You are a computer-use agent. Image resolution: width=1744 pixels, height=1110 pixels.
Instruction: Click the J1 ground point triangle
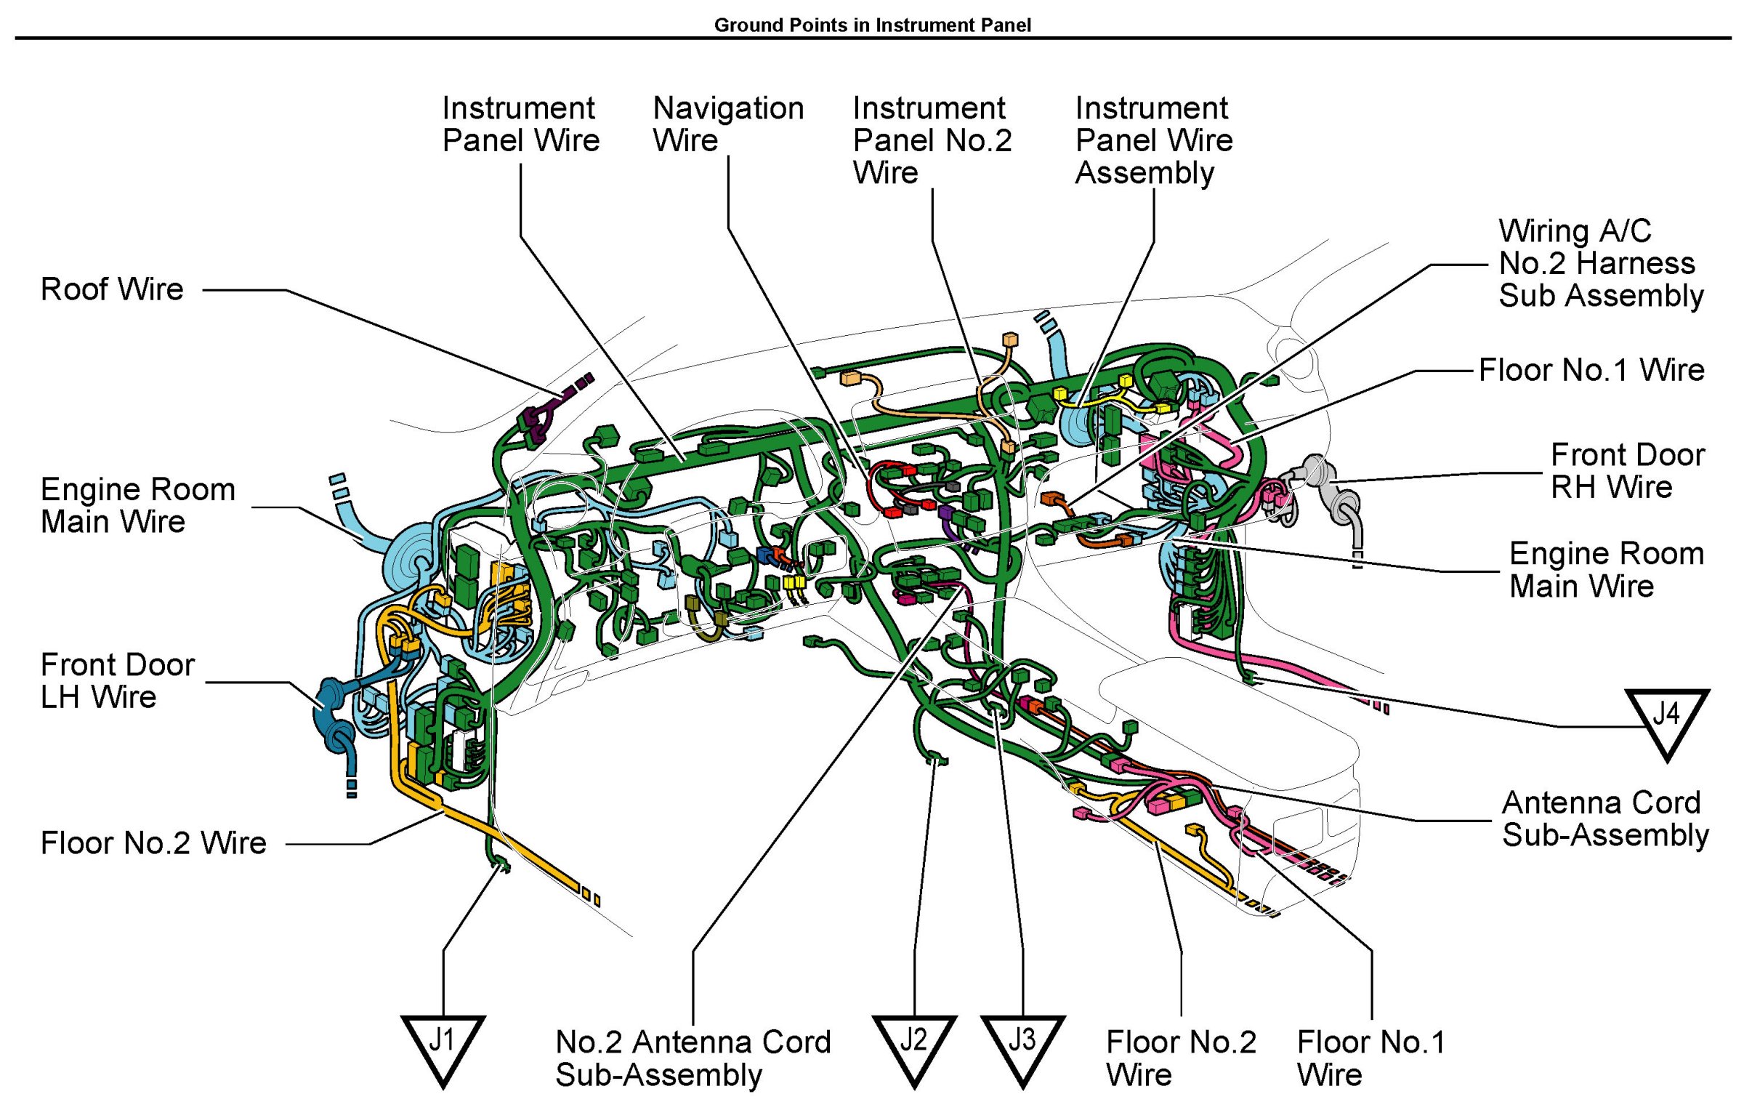click(x=443, y=1047)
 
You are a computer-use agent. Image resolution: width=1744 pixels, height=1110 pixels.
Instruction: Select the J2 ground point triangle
click(x=914, y=1047)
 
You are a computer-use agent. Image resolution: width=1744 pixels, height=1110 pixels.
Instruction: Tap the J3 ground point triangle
click(x=1022, y=1047)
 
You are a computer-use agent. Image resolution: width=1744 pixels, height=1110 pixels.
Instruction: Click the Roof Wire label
click(x=112, y=289)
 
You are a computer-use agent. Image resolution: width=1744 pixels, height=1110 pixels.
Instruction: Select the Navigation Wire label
click(x=728, y=124)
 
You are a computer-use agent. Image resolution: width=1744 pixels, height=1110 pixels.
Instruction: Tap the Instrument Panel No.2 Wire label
click(x=932, y=140)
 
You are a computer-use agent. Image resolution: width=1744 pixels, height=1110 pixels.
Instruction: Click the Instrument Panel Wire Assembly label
click(x=1154, y=140)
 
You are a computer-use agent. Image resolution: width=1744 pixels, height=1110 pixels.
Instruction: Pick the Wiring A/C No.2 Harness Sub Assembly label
click(x=1601, y=263)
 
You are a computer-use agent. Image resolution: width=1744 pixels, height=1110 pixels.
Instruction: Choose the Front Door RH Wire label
click(x=1628, y=471)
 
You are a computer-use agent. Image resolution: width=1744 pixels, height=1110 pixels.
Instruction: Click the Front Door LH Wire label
click(x=118, y=681)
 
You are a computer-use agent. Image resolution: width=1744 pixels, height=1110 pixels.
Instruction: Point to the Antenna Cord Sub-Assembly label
click(x=1605, y=819)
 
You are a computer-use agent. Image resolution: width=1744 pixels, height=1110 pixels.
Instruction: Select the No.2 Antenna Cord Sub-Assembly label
click(x=693, y=1058)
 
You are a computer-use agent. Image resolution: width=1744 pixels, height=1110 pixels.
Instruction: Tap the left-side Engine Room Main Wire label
click(x=138, y=505)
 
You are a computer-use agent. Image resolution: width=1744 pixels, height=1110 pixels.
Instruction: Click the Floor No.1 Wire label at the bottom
click(x=1371, y=1058)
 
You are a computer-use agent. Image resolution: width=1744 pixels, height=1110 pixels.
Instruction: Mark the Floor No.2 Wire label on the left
click(x=153, y=843)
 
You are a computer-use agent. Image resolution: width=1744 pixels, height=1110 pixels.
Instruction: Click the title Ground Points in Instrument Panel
click(x=872, y=25)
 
